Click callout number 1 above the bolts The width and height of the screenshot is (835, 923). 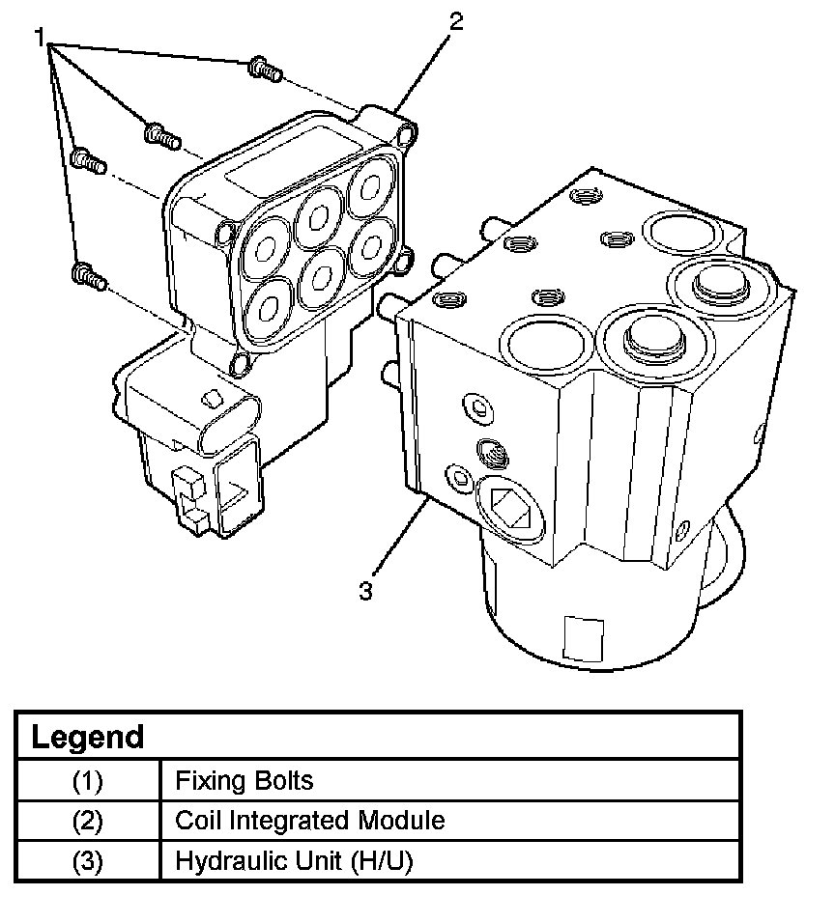click(x=40, y=38)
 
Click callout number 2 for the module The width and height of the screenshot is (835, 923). click(x=456, y=22)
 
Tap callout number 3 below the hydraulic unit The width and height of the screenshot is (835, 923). click(x=365, y=591)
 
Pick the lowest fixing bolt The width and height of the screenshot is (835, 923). click(x=89, y=277)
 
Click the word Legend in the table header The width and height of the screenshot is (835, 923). click(x=87, y=737)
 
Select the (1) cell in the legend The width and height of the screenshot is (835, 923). click(x=87, y=781)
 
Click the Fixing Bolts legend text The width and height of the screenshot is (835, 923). click(x=244, y=780)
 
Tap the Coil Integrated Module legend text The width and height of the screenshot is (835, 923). click(x=310, y=820)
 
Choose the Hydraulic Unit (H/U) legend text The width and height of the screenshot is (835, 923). click(x=294, y=860)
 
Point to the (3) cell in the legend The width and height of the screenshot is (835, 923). click(x=87, y=861)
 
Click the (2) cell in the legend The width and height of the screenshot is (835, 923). click(x=87, y=821)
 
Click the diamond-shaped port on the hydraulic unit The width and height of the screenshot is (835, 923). click(x=511, y=508)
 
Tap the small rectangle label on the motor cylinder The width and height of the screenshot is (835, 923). click(x=584, y=639)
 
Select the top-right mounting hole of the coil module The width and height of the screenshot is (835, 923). click(x=406, y=135)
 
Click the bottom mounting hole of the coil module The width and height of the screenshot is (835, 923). click(x=240, y=364)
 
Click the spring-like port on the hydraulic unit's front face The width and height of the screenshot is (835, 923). click(x=493, y=453)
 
